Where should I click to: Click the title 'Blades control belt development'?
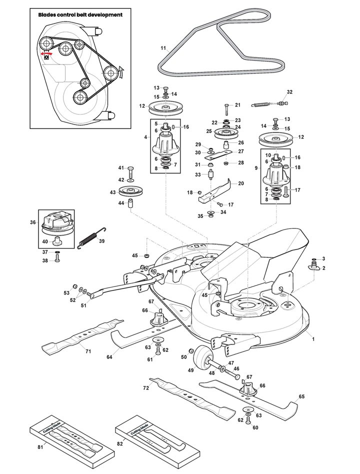click(x=80, y=14)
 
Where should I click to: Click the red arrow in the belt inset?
click(x=46, y=53)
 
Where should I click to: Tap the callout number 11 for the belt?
click(x=163, y=48)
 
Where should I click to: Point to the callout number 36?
click(x=33, y=222)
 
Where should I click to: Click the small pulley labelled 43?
click(x=130, y=191)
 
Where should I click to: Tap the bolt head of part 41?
click(x=130, y=168)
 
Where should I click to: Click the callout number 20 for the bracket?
click(x=241, y=183)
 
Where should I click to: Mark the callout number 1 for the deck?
click(x=313, y=339)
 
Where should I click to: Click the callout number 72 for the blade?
click(x=146, y=388)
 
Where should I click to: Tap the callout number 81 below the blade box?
click(x=40, y=447)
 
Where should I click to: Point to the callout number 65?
click(x=301, y=396)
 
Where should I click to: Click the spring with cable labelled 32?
click(x=269, y=104)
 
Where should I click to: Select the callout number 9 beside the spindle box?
click(x=256, y=168)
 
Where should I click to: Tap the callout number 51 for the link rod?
click(x=83, y=305)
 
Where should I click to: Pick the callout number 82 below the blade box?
click(x=119, y=444)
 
